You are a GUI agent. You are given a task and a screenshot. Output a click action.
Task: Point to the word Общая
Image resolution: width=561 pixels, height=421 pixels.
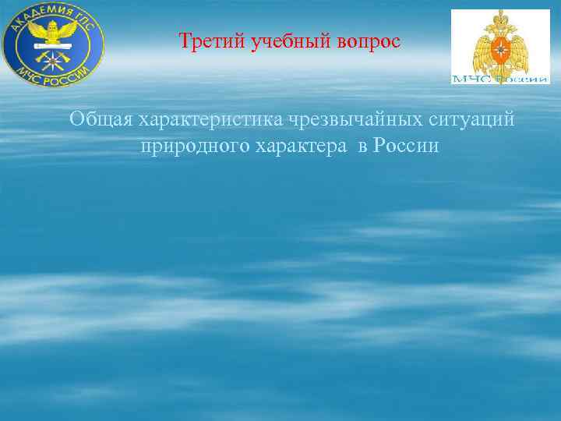pyautogui.click(x=101, y=120)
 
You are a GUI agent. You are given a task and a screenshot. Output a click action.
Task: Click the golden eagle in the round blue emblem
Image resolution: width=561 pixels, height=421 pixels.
pyautogui.click(x=53, y=31)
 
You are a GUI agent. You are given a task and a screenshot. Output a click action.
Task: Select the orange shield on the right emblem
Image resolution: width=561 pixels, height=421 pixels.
pyautogui.click(x=501, y=43)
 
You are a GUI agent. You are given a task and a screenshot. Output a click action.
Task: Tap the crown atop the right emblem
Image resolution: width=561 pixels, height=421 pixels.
pyautogui.click(x=501, y=15)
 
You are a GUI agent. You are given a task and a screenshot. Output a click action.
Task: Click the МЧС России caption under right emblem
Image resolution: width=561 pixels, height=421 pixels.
pyautogui.click(x=501, y=78)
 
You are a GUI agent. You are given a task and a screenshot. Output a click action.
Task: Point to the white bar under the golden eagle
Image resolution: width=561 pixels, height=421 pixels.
pyautogui.click(x=53, y=46)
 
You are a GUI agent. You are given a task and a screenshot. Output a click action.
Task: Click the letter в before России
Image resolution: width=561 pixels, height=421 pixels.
pyautogui.click(x=362, y=146)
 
